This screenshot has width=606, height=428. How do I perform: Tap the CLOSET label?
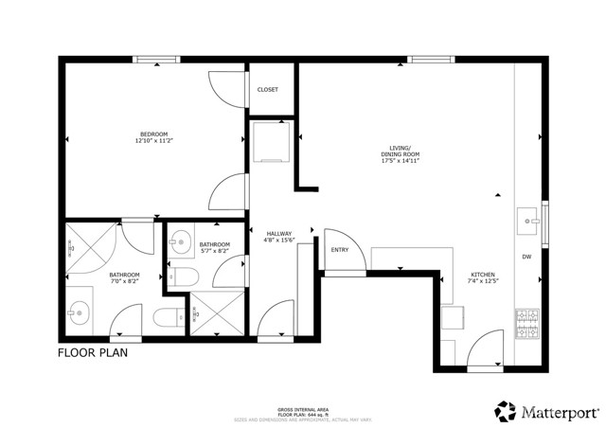(268, 90)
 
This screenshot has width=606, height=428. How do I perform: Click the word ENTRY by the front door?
(339, 251)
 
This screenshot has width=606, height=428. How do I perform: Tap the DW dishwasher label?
(526, 257)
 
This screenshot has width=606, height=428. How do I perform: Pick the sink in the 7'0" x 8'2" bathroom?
(77, 310)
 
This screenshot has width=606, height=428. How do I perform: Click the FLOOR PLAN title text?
(93, 353)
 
